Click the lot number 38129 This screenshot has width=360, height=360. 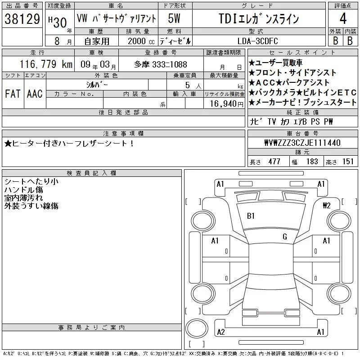pyautogui.click(x=22, y=19)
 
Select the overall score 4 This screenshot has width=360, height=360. pyautogui.click(x=343, y=18)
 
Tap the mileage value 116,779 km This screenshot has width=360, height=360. pyautogui.click(x=46, y=64)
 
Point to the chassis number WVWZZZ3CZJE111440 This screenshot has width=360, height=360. pyautogui.click(x=302, y=143)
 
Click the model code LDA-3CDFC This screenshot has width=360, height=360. pyautogui.click(x=257, y=41)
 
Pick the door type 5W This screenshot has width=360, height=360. pyautogui.click(x=174, y=18)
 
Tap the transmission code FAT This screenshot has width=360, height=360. pyautogui.click(x=13, y=94)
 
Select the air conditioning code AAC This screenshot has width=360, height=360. pyautogui.click(x=35, y=94)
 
